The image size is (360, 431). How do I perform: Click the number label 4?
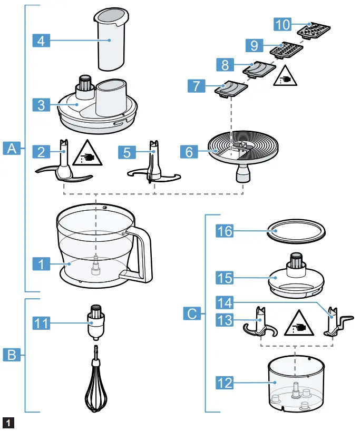(x=41, y=40)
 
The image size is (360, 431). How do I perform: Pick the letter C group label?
(x=192, y=315)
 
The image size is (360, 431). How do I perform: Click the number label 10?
(x=283, y=24)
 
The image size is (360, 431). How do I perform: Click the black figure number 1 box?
(x=7, y=422)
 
